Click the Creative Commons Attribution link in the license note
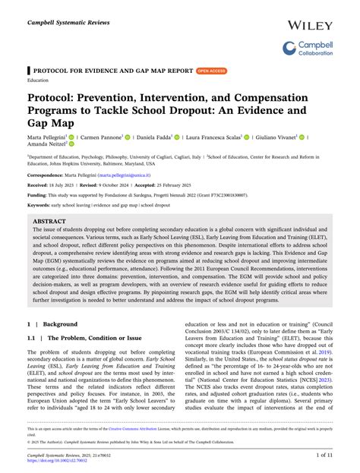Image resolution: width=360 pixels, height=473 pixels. point(168,429)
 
